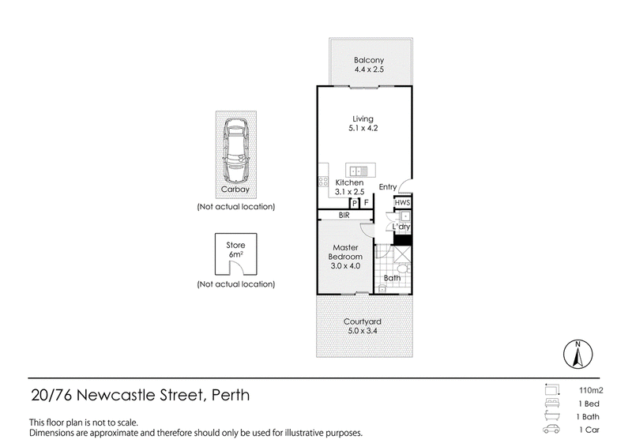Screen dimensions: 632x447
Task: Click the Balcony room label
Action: (369, 60)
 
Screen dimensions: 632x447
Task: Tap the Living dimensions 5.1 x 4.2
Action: (363, 128)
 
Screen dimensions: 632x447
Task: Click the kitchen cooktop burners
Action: (323, 182)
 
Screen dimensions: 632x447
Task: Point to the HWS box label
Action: (402, 203)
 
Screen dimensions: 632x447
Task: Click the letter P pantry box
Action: (355, 203)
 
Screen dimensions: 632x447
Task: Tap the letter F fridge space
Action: (366, 203)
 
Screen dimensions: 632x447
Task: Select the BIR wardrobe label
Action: (344, 216)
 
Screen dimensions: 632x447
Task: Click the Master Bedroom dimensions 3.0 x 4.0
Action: (345, 266)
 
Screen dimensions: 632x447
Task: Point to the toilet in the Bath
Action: (403, 269)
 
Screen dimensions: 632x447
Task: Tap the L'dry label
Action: (401, 227)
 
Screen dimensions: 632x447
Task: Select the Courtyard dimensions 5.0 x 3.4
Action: (363, 331)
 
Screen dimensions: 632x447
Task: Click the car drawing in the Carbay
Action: (235, 150)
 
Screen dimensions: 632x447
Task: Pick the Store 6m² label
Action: (235, 250)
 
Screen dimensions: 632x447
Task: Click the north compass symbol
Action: (577, 355)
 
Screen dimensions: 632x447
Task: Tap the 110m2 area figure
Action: (591, 390)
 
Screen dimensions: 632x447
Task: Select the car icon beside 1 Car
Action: (551, 429)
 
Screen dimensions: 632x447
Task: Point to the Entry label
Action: (388, 187)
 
